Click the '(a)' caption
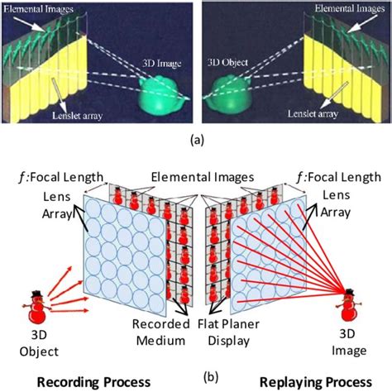[x=195, y=140]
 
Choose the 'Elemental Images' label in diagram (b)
[x=195, y=176]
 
